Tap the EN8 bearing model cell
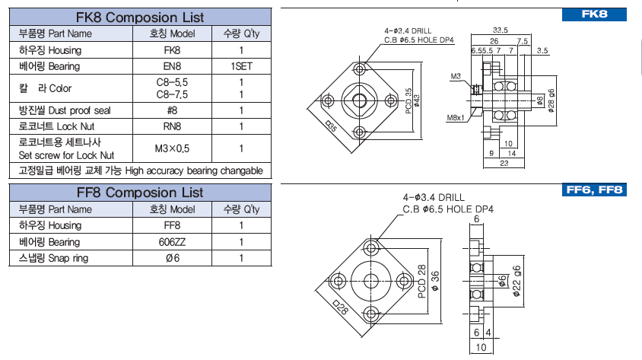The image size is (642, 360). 172,67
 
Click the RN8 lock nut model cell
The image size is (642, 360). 172,126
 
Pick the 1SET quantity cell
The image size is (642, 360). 241,67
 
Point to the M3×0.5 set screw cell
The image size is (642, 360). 172,148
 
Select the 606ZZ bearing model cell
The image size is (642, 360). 172,242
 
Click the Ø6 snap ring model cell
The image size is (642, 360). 172,259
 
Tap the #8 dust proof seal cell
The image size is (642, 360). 172,110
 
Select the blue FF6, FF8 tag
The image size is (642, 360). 596,190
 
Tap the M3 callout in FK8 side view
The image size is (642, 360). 456,76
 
